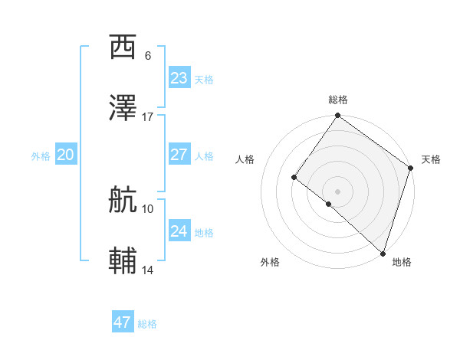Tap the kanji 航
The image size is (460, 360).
tap(123, 200)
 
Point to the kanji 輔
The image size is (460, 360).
tap(123, 261)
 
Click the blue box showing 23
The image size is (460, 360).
tap(179, 78)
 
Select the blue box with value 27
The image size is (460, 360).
tap(179, 155)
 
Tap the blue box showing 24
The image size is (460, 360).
tap(179, 231)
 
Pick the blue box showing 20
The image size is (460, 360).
tap(66, 155)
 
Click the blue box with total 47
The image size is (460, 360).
tap(123, 322)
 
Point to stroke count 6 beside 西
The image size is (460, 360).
tap(147, 56)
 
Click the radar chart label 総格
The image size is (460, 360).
tap(338, 100)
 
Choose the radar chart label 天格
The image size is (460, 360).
tap(431, 159)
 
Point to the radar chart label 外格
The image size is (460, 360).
tap(270, 262)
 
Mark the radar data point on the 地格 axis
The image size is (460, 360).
tap(383, 253)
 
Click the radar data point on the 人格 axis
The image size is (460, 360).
tap(294, 178)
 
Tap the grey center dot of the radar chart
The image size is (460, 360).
tap(337, 191)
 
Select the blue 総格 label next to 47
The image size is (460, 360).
tap(147, 324)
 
